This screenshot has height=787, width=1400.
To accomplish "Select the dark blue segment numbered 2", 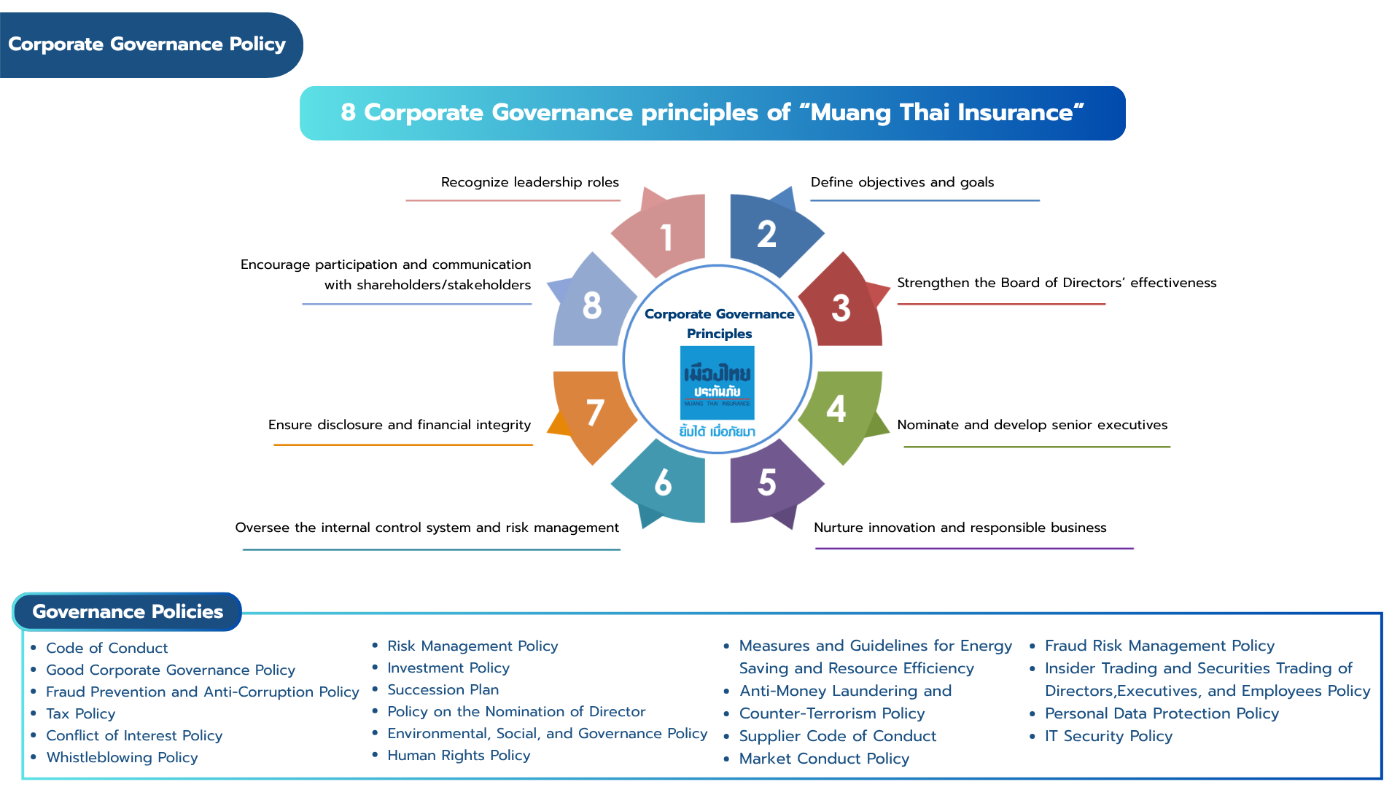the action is (x=770, y=233).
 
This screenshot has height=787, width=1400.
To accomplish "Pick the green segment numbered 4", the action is (x=841, y=411).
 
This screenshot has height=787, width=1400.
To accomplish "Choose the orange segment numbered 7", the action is (x=592, y=412).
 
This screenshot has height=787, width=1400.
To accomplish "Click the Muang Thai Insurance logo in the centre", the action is (x=717, y=383).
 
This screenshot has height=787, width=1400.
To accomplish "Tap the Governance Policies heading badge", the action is (x=128, y=611).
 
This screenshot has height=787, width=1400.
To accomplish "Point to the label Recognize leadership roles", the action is (x=530, y=182).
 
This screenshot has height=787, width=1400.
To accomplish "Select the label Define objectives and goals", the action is (x=902, y=182).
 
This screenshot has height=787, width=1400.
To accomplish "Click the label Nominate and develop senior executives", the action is (x=1032, y=425).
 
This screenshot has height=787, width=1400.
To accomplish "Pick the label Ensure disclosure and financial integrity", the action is (x=400, y=425).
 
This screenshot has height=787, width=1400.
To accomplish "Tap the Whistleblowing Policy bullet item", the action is (x=122, y=757).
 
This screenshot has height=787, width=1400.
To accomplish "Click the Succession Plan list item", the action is (x=443, y=689).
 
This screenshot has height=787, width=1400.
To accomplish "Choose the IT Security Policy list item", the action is (x=1108, y=736).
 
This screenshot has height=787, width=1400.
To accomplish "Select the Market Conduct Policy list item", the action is (x=824, y=759).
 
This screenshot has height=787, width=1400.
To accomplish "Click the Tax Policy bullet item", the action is (x=80, y=713).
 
